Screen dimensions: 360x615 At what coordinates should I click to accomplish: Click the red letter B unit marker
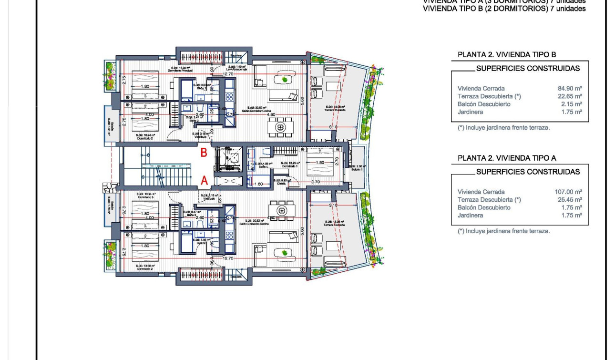204,153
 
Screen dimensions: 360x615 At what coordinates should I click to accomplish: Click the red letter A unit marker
204,180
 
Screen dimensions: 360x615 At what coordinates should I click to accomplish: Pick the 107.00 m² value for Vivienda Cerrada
567,192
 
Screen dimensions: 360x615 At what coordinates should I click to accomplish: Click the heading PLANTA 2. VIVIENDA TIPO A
506,158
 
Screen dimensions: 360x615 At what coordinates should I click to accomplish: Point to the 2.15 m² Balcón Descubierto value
571,104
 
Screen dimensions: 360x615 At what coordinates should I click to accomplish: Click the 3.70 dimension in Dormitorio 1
315,182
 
